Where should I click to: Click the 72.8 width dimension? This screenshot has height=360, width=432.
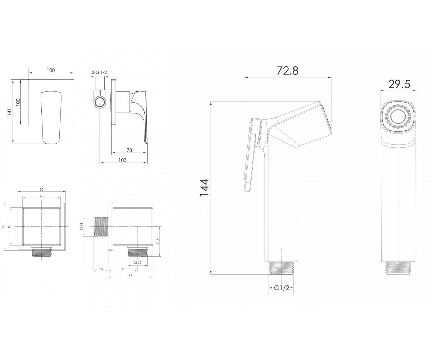288,71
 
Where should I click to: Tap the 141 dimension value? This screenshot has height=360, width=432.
10,112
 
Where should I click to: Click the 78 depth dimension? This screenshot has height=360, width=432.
129,150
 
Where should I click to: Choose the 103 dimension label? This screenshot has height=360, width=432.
122,160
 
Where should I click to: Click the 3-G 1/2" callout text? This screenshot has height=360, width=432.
100,72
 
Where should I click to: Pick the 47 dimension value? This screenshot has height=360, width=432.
130,275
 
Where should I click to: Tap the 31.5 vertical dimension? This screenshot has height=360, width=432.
158,241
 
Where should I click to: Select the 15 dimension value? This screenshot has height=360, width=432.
101,269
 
